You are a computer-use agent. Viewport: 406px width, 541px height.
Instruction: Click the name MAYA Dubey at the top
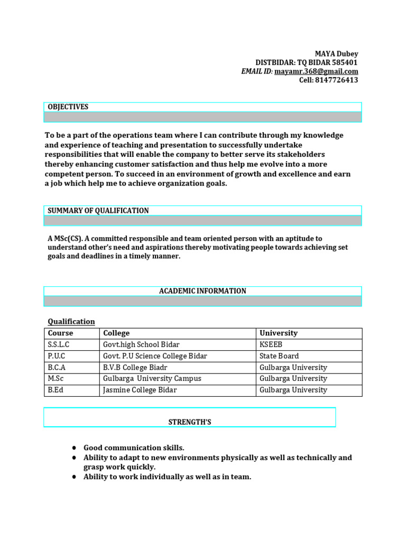(x=336, y=54)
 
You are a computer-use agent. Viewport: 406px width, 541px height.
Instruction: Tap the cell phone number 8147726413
(x=336, y=80)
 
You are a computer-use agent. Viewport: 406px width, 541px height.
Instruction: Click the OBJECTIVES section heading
(x=68, y=107)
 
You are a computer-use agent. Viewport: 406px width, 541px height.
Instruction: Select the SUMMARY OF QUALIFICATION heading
(x=98, y=210)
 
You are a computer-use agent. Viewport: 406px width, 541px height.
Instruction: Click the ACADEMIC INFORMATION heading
(x=202, y=291)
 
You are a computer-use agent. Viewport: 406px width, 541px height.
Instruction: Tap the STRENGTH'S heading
(x=190, y=422)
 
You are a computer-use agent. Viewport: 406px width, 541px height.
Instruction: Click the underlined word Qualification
(x=71, y=321)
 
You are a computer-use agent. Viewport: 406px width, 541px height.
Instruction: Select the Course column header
(x=61, y=333)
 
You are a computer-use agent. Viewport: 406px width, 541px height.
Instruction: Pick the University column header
(x=278, y=333)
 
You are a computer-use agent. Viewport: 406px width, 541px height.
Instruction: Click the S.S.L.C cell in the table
(x=59, y=344)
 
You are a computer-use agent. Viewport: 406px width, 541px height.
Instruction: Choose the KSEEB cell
(x=271, y=344)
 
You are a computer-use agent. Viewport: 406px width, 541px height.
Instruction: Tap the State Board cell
(x=279, y=356)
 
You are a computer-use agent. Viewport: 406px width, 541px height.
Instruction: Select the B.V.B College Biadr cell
(x=136, y=368)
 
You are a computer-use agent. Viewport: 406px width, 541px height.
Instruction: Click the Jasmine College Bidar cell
(x=140, y=390)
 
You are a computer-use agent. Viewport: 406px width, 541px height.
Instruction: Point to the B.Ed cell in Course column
(x=56, y=390)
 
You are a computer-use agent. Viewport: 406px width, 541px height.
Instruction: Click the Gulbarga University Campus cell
(x=152, y=379)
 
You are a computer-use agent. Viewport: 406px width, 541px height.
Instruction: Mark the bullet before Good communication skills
(x=75, y=448)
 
